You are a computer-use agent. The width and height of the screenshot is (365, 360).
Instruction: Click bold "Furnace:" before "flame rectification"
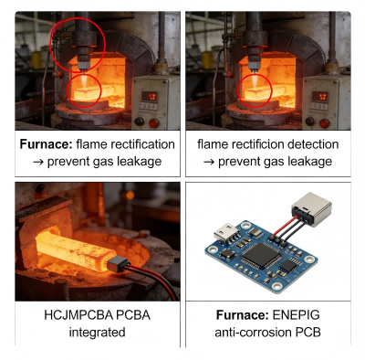(x=47, y=144)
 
